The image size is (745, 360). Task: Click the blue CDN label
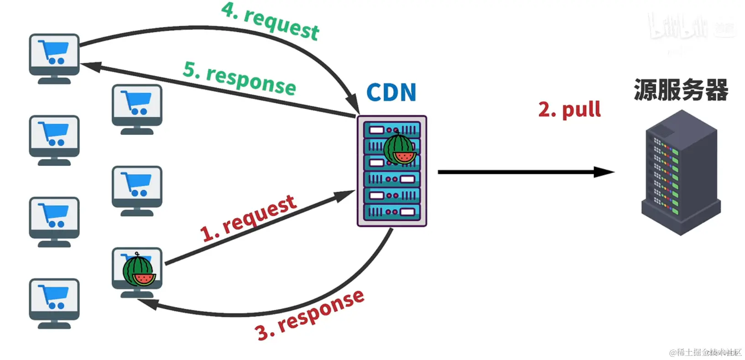tap(391, 93)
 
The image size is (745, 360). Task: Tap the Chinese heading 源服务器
tap(681, 90)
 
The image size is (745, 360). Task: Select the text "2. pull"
tap(569, 110)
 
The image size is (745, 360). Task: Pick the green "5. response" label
tap(240, 78)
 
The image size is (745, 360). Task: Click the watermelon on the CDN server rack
tap(400, 149)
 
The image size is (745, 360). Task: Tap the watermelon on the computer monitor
tap(139, 271)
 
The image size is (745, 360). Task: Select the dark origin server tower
tap(681, 173)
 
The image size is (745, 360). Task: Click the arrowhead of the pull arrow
tap(604, 172)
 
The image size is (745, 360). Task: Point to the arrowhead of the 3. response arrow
tap(148, 304)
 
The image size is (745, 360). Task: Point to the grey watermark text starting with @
tap(705, 352)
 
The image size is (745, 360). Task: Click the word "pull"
tap(581, 110)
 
